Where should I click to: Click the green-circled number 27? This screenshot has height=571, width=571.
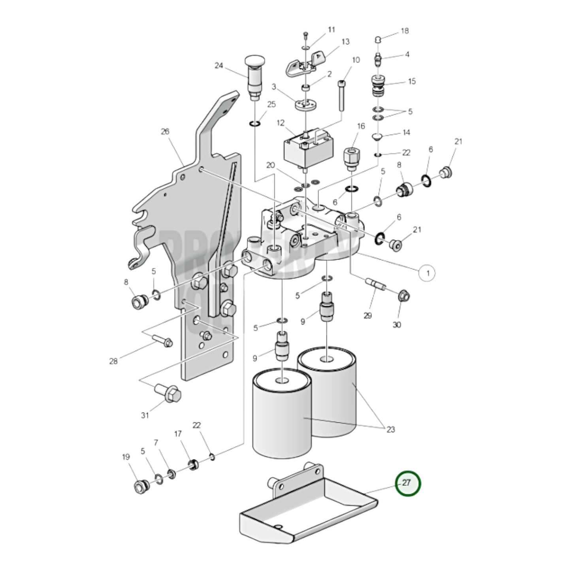click(x=408, y=483)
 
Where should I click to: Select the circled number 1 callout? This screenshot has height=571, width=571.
click(x=427, y=273)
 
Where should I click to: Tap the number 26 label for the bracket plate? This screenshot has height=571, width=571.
click(x=165, y=132)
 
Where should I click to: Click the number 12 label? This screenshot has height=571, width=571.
click(x=281, y=123)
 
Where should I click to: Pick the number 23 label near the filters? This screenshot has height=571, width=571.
click(x=390, y=430)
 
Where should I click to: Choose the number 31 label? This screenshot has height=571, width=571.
click(x=145, y=415)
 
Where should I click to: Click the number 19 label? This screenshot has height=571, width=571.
click(x=126, y=457)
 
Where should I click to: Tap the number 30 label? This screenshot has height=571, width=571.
click(x=397, y=325)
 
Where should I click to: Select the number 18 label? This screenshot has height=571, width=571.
click(x=405, y=31)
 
